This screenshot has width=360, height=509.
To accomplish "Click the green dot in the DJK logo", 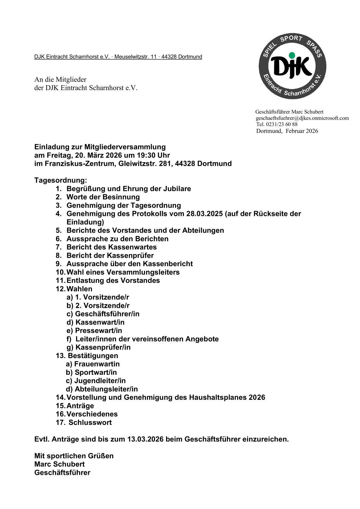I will [x=292, y=55].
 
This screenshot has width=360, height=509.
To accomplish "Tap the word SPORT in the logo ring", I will [x=291, y=39].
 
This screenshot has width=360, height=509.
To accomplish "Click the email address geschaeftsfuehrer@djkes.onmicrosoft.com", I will [x=302, y=118].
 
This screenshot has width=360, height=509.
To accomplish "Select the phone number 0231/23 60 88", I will [x=282, y=124].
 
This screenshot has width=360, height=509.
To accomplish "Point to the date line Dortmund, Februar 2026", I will [x=287, y=131].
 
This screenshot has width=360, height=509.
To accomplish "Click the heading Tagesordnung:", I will [x=61, y=180].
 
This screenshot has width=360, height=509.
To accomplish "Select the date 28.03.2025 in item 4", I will [x=205, y=214].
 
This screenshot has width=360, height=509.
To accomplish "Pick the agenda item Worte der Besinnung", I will [x=103, y=197].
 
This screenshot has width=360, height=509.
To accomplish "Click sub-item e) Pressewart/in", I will [x=94, y=331].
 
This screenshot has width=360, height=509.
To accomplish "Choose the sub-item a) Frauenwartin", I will [x=93, y=364].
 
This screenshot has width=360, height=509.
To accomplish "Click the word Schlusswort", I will [x=90, y=423].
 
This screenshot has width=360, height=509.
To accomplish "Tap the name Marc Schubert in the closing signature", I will [x=59, y=464].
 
